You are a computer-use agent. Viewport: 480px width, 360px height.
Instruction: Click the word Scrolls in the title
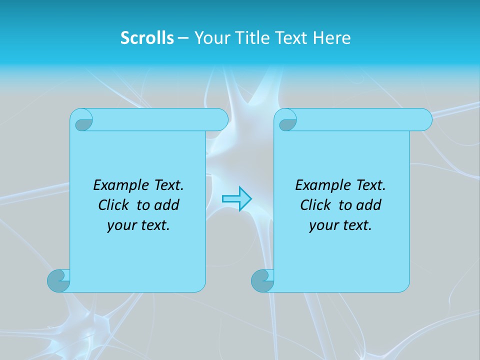coord(147,38)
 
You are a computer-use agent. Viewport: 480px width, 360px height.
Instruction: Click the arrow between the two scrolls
coord(236,198)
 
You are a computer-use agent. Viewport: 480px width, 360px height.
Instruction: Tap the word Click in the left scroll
coord(114,205)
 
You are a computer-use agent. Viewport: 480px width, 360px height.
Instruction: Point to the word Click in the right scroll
coord(316,205)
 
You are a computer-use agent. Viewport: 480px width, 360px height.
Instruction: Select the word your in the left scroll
coord(121,225)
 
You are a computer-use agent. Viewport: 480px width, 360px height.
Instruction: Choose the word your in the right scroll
coord(323,225)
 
